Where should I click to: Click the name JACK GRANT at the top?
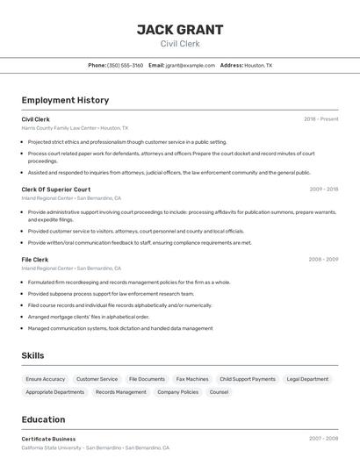[x=180, y=29]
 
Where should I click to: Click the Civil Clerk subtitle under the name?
[x=180, y=44]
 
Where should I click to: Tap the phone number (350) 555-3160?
[x=125, y=65]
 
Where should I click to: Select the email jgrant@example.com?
[x=190, y=65]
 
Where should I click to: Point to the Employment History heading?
[x=65, y=100]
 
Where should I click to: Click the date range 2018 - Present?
[x=320, y=119]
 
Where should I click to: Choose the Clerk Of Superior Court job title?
[x=56, y=190]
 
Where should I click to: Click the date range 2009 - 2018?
[x=323, y=190]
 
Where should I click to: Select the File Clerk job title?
[x=35, y=260]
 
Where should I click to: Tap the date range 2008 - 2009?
[x=323, y=260]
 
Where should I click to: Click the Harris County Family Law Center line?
[x=75, y=128]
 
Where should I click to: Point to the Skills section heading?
[x=33, y=355]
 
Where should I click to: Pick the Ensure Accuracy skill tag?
[x=46, y=379]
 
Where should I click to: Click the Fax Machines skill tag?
[x=192, y=379]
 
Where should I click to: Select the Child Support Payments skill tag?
[x=248, y=379]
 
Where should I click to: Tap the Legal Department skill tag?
[x=307, y=379]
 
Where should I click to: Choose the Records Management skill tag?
[x=121, y=392]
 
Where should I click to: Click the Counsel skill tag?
[x=219, y=392]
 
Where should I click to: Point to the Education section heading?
[x=44, y=419]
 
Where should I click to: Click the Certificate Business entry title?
[x=48, y=439]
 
